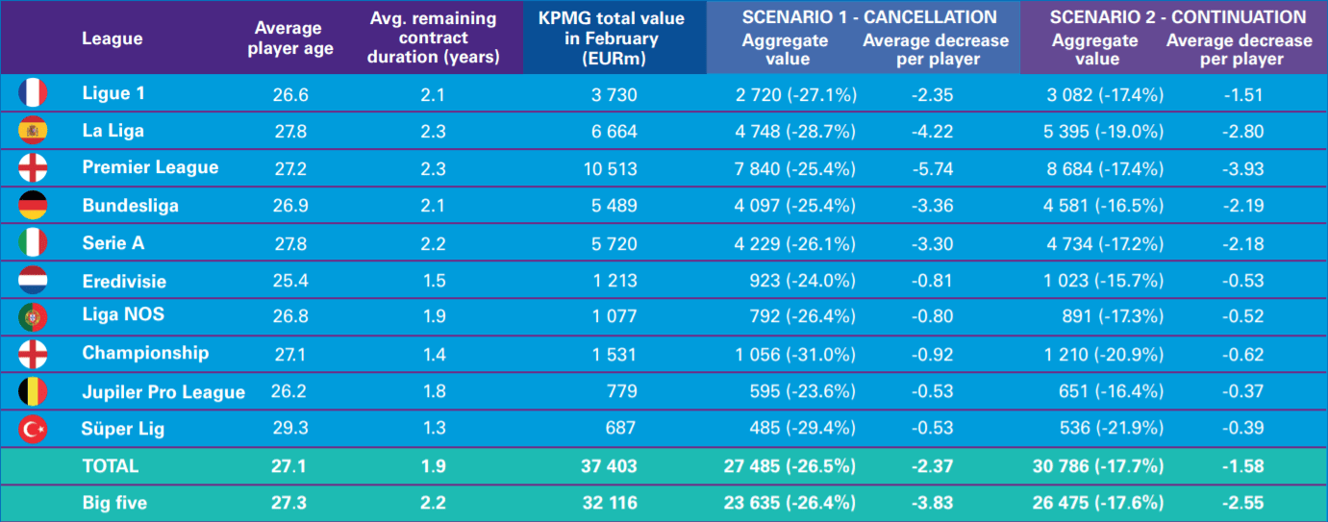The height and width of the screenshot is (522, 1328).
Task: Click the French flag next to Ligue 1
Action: (33, 93)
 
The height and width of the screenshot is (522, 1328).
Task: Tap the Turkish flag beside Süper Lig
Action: (33, 429)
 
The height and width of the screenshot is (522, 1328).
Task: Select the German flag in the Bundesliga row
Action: (33, 205)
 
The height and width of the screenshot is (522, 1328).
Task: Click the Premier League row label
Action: (150, 167)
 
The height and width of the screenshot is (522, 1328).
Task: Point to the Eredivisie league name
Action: (124, 281)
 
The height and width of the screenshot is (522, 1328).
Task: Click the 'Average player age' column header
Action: (290, 38)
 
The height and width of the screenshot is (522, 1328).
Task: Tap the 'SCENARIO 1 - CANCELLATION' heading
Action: (869, 17)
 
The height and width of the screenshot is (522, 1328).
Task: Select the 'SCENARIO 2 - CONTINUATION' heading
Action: (1178, 17)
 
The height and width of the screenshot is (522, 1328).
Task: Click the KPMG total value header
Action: (612, 38)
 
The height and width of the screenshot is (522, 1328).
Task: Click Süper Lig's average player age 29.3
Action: (290, 429)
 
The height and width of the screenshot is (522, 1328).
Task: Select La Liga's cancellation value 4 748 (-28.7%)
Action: (795, 131)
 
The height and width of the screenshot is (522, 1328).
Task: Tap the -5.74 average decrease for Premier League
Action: (931, 168)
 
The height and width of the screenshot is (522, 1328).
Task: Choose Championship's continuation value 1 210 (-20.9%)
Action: (1105, 354)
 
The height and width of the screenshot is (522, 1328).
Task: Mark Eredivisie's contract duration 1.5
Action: (434, 281)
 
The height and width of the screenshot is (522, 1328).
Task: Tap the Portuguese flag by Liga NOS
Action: (33, 317)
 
